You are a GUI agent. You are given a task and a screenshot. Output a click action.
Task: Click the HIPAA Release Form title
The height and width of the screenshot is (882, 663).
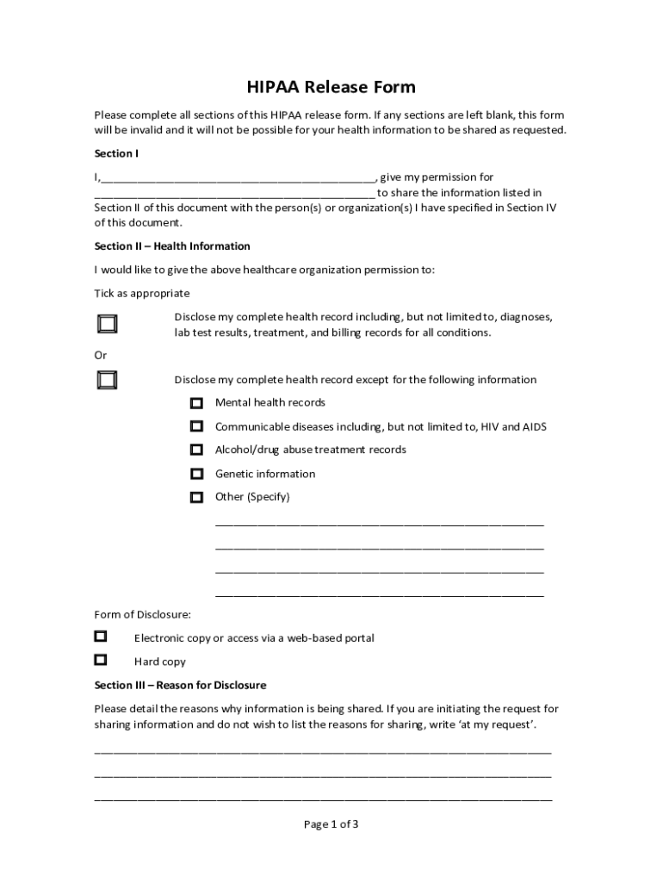(331, 87)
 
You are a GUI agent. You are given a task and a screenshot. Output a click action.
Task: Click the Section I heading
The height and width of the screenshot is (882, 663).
(116, 153)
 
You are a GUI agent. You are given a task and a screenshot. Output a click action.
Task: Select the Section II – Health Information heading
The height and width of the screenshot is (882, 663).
(172, 246)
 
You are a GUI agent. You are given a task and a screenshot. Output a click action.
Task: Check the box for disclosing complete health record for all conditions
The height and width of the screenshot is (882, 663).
(108, 324)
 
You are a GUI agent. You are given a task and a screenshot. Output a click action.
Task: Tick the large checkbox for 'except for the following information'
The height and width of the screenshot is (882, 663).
(108, 380)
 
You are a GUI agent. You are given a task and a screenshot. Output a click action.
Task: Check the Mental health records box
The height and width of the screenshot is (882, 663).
(197, 403)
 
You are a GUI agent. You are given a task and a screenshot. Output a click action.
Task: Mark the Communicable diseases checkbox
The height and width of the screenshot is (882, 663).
(197, 426)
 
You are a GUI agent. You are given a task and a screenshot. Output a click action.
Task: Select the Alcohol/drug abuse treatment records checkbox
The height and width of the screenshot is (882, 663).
(197, 450)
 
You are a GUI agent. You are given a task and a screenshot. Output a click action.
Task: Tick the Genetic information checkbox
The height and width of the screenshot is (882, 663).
(197, 474)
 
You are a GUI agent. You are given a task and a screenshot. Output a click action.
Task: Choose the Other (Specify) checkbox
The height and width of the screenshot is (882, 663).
(197, 497)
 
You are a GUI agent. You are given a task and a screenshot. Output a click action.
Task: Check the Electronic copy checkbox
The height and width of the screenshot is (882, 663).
(101, 637)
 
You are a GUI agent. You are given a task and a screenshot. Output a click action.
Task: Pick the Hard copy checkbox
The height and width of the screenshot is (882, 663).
(101, 660)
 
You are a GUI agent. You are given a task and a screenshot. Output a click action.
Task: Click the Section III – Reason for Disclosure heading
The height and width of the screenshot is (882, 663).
(180, 686)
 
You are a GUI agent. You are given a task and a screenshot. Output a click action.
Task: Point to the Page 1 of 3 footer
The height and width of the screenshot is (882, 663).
(331, 824)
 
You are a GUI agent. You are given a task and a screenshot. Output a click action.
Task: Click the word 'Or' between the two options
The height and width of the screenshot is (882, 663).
(101, 356)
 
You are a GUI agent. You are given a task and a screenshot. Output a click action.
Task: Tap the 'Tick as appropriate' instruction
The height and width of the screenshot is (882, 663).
(142, 294)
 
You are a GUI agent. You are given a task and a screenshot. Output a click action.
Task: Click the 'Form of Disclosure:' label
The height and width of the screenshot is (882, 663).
(142, 615)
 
